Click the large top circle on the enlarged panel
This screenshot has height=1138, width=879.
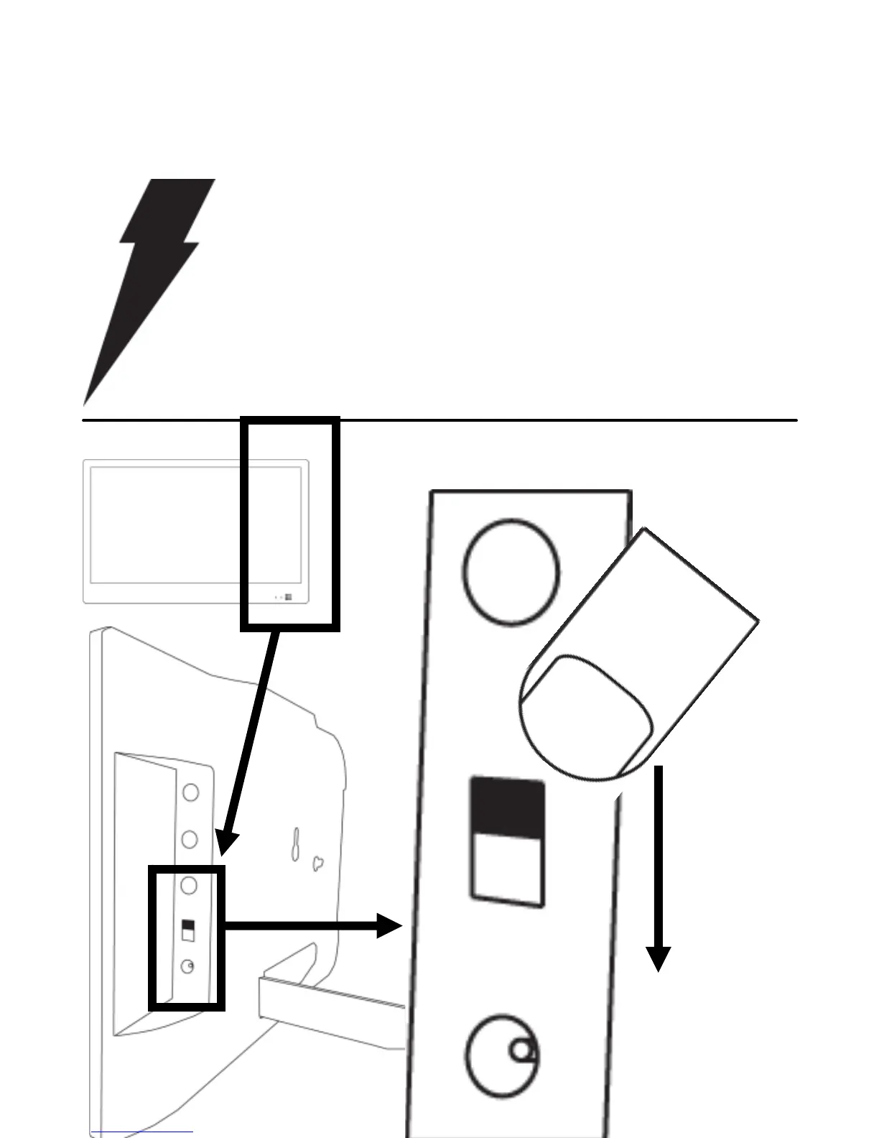[511, 571]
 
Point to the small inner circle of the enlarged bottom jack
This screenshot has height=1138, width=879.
[522, 1051]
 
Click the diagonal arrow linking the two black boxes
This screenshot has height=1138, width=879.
[251, 740]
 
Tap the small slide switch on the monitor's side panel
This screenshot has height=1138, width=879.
[188, 930]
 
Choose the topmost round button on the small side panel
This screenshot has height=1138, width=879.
[190, 792]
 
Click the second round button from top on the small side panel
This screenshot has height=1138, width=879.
[190, 838]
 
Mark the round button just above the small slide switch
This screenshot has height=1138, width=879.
[190, 885]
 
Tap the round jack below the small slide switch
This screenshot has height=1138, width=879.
[187, 967]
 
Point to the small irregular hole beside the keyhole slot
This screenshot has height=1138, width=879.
[317, 864]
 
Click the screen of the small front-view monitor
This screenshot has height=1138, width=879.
[165, 524]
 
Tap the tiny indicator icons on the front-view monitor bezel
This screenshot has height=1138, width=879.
[284, 597]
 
